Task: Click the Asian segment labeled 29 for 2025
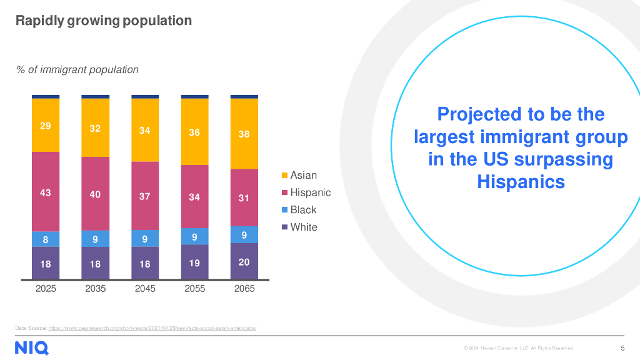(46, 125)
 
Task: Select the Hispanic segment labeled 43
(46, 192)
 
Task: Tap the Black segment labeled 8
(46, 239)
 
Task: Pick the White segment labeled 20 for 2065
(244, 261)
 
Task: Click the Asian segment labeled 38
(244, 134)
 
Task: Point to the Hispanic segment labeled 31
(244, 197)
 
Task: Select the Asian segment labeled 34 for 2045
(145, 130)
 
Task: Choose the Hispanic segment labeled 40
(95, 194)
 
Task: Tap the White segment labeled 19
(194, 262)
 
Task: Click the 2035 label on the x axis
(95, 289)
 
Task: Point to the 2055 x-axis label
(194, 289)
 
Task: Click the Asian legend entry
(303, 176)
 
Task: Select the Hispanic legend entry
(309, 192)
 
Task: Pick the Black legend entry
(302, 210)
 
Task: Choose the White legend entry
(303, 227)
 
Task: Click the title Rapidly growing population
(103, 21)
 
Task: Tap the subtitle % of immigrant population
(77, 69)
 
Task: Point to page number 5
(622, 348)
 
